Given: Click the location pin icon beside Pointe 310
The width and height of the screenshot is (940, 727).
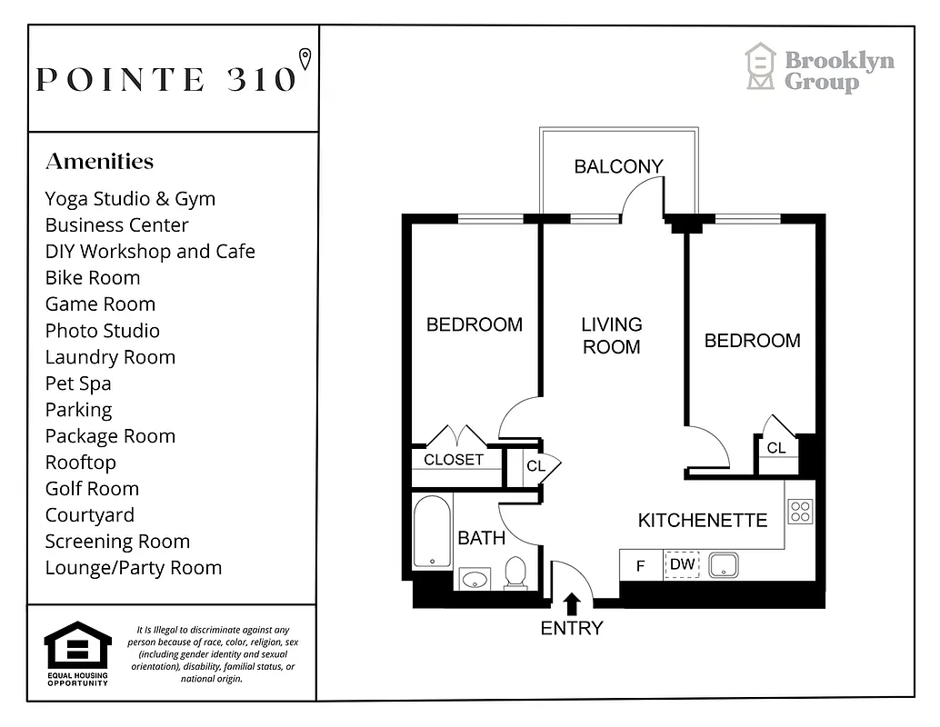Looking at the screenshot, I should (305, 59).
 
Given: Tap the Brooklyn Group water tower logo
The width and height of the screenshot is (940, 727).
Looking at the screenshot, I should (760, 67).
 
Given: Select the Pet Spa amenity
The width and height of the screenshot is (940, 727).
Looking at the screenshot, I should (78, 383).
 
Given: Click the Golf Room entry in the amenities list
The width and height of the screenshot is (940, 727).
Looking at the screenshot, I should (92, 489).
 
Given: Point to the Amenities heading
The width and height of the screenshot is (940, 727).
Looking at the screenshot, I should (99, 162).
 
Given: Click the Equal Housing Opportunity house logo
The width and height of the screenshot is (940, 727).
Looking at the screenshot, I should (77, 646).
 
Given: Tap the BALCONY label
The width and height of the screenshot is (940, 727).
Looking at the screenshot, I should (618, 166).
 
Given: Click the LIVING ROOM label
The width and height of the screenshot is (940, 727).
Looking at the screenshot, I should (612, 335).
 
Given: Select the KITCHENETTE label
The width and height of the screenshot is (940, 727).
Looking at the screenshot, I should (702, 521).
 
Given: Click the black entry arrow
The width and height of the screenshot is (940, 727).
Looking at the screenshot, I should (573, 603).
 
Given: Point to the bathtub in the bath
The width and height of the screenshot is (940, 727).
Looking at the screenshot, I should (431, 531).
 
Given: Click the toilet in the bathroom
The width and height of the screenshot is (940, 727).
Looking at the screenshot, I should (515, 573).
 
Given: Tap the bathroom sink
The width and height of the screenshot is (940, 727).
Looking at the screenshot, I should (473, 577).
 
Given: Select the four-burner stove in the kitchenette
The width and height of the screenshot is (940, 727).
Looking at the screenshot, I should (799, 512).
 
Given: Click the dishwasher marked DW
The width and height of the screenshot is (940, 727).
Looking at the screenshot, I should (682, 565).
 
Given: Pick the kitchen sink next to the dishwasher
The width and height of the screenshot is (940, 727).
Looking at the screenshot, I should (724, 565).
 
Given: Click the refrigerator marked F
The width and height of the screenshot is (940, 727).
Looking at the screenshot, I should (640, 566).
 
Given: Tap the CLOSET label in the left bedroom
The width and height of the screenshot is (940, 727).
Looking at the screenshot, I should (454, 460).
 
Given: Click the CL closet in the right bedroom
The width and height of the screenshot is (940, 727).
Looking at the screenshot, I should (776, 448).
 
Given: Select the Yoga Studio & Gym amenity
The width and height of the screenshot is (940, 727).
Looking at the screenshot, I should (130, 199).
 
